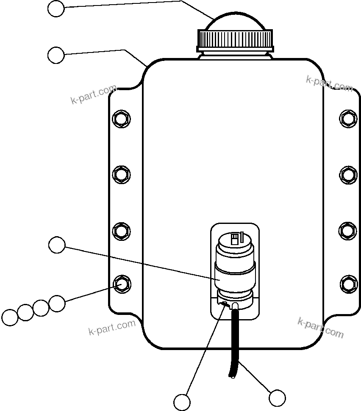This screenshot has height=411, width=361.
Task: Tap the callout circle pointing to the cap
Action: pos(56,8)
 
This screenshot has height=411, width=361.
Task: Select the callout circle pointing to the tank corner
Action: pos(56,55)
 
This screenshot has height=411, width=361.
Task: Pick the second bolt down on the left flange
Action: pos(121,174)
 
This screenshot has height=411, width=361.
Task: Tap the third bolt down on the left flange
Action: pos(121,231)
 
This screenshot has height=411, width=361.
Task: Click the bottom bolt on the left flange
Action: pos(121,283)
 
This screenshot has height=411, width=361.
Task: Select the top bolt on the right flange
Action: pos(348,118)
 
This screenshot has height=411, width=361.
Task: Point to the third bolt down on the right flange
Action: pos(348,231)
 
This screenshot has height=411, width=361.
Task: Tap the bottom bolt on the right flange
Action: pos(348,283)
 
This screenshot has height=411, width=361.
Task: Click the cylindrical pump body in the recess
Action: pos(235,277)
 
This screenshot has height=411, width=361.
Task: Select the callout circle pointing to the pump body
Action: pos(57,245)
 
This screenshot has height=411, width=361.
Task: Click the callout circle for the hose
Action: pos(278,398)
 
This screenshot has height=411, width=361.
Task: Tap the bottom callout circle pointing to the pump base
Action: pos(182,402)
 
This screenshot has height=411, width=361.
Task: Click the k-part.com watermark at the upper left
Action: pos(94,95)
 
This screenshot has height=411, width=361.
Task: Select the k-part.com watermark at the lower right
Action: pos(320,328)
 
